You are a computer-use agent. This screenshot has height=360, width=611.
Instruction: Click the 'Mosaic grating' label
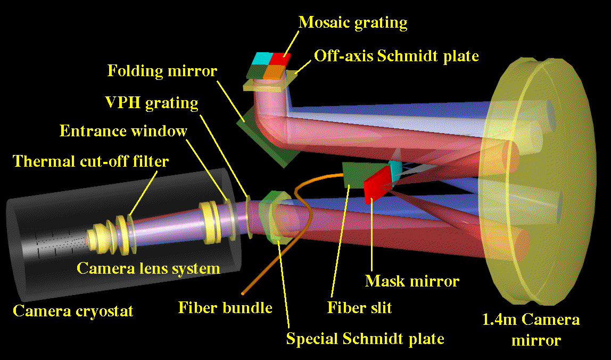352,22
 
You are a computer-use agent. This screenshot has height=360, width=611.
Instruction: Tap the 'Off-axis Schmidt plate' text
396,55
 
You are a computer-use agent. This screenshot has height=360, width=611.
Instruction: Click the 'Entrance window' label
123,130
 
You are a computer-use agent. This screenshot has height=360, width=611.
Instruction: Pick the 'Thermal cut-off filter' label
90,161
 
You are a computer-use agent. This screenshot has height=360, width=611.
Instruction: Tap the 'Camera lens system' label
148,267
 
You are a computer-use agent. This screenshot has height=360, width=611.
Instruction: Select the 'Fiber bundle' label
225,307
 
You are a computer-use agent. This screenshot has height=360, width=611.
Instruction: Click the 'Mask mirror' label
411,281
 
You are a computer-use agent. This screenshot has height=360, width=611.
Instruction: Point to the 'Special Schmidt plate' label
365,338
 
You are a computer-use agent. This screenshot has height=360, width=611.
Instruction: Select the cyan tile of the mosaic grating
263,58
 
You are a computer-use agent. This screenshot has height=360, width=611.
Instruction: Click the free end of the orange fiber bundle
243,292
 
